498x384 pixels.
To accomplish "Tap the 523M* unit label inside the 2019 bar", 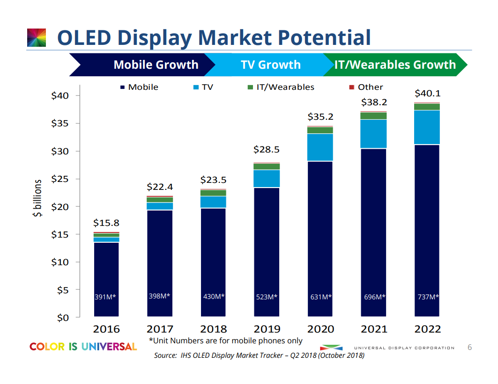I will coord(267,297).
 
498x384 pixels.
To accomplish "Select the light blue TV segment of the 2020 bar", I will coord(320,147).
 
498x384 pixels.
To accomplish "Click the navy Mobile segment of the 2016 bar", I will coord(106,276).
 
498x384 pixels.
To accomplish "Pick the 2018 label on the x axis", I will coord(213,329).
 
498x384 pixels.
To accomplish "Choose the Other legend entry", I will coord(366,87).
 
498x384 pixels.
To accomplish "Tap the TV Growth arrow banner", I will coord(270,65).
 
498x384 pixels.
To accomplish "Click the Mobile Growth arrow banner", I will coord(156,65).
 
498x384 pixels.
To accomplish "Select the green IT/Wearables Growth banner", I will coord(394,65).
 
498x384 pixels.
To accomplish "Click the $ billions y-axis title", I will coord(37,198).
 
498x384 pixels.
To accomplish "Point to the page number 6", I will coord(470,348).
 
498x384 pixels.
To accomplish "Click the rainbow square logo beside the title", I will coord(37,37).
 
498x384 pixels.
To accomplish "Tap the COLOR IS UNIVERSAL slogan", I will coord(83,347).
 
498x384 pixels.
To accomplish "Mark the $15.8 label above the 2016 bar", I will coord(106,223).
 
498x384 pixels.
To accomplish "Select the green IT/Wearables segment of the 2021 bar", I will coord(373,116).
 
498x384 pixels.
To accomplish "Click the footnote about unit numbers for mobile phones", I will coord(225,341).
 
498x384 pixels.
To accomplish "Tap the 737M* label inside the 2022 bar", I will coord(427,297).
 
